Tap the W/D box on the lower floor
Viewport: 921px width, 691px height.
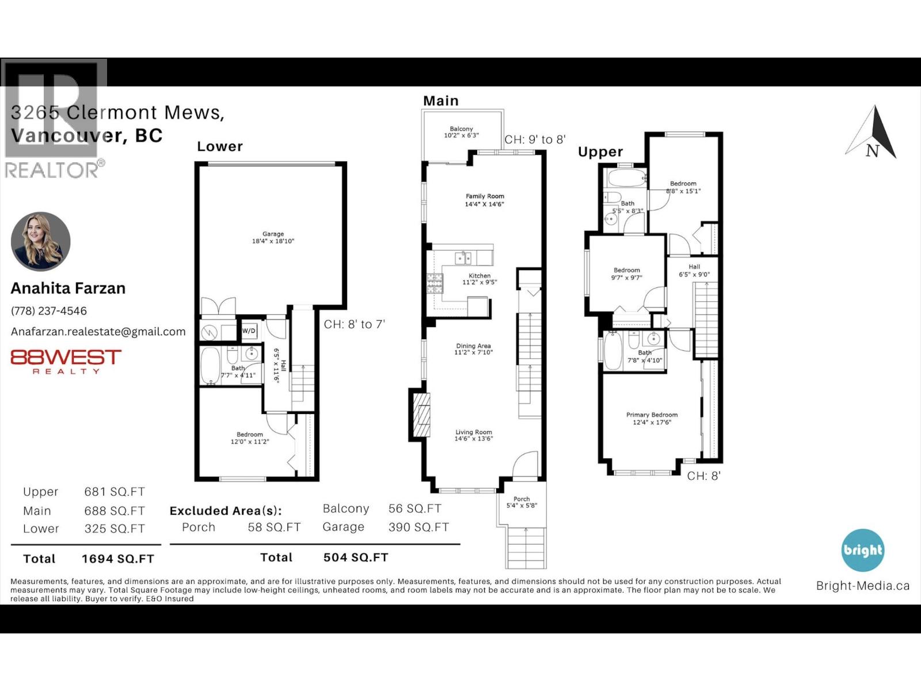coord(249,331)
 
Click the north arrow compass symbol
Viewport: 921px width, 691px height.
coord(873,134)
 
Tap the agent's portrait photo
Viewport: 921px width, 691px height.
coord(40,241)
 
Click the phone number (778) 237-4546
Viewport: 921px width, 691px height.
coord(49,311)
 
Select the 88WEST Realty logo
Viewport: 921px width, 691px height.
coord(66,362)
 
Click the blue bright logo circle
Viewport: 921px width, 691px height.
coord(862,550)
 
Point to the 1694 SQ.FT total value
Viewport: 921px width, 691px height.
coord(118,559)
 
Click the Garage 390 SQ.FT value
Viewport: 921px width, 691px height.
coord(418,527)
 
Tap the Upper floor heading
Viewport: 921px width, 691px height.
coord(600,152)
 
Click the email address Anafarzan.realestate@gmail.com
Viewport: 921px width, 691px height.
coord(98,332)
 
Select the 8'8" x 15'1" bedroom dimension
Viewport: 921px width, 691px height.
coord(683,191)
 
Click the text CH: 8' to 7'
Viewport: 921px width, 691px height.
coord(354,324)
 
